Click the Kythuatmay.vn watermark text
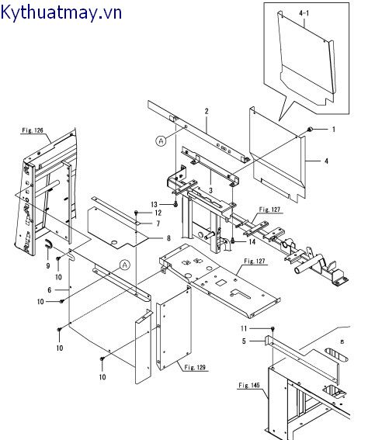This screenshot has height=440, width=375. click(x=61, y=12)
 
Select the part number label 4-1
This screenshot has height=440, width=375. click(x=304, y=13)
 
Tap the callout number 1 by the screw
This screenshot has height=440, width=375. click(x=334, y=130)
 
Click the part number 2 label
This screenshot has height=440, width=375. click(x=207, y=111)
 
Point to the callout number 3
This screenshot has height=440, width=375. click(x=210, y=191)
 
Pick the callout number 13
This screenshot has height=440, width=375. click(x=155, y=205)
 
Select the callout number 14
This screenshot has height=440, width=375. click(x=252, y=241)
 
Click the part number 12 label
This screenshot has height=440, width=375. click(x=158, y=213)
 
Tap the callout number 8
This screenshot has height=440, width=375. click(x=168, y=238)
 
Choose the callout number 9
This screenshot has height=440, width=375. click(x=48, y=265)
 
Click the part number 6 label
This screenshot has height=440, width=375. click(x=50, y=290)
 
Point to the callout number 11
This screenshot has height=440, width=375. click(x=244, y=328)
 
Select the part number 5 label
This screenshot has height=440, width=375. click(x=244, y=341)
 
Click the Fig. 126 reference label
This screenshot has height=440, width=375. click(x=33, y=130)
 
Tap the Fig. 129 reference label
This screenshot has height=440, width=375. click(x=195, y=367)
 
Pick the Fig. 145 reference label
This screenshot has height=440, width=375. click(x=249, y=385)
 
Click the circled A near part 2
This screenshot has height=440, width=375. click(x=161, y=140)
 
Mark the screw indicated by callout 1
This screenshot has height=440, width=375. click(x=310, y=130)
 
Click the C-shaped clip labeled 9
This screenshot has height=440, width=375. click(x=49, y=244)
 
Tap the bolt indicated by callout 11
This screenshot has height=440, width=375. click(x=273, y=328)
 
